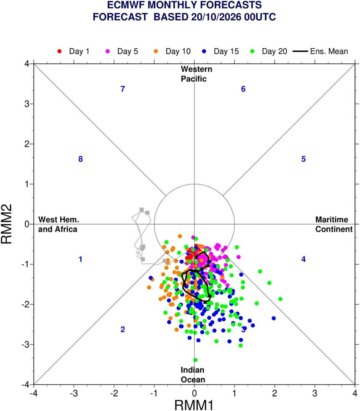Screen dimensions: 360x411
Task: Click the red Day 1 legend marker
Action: coord(59,51)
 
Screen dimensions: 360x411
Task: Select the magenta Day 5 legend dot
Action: coord(108,51)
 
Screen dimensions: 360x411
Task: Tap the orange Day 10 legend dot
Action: coord(156,51)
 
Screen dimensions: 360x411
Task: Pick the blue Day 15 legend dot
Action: coord(204,51)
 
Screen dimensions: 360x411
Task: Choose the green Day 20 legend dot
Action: coord(252,51)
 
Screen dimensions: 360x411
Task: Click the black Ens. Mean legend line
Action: coord(300,51)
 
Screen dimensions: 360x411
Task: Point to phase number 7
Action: coord(123,89)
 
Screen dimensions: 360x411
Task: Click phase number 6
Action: coord(243,89)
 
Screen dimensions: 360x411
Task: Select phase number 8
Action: coord(81,159)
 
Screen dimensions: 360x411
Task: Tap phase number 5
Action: coord(303,159)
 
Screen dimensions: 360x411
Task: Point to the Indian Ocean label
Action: coord(193,375)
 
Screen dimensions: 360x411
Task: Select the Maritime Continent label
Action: coord(334,224)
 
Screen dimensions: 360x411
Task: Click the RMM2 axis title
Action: coord(7,224)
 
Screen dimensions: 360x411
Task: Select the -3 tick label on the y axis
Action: coord(26,345)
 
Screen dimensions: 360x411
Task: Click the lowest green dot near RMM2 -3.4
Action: coord(195,360)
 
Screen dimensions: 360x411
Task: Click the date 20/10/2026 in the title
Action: coord(216,17)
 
